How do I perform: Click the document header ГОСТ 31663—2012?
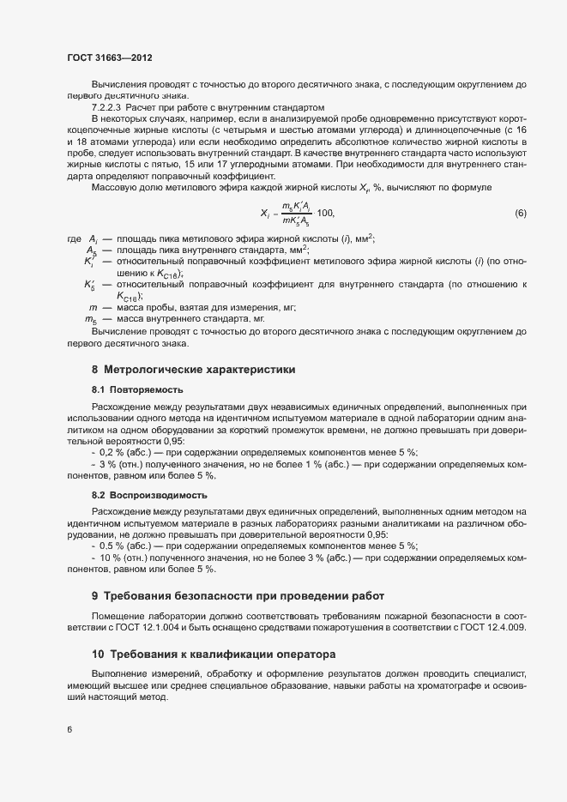pyautogui.click(x=110, y=57)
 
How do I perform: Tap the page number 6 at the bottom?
pyautogui.click(x=69, y=730)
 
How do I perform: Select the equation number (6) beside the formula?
pyautogui.click(x=520, y=213)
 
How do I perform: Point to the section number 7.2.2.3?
pyautogui.click(x=106, y=107)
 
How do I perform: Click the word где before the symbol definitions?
pyautogui.click(x=75, y=238)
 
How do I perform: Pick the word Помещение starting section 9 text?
pyautogui.click(x=118, y=617)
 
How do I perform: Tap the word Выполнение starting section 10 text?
pyautogui.click(x=119, y=675)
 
